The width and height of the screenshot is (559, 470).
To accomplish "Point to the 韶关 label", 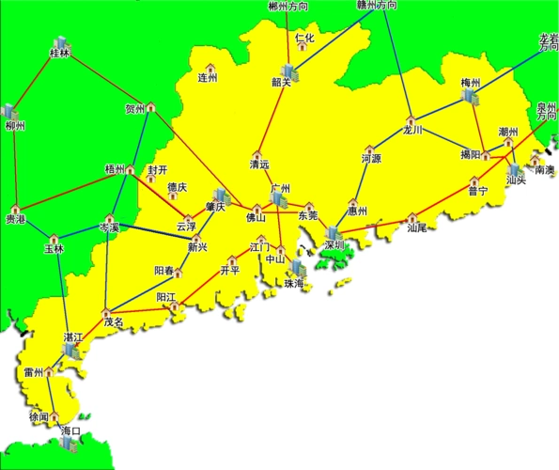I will pos(281,82).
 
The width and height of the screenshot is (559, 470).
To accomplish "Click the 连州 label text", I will pos(208,79).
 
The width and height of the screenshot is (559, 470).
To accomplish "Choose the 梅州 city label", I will pos(471,83).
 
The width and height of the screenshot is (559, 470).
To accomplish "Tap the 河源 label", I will pos(371,160).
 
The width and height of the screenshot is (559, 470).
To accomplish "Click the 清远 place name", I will pos(259,164).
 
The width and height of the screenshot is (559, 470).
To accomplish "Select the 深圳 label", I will pos(335,247).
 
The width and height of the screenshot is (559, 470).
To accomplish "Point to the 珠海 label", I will pos(295,283).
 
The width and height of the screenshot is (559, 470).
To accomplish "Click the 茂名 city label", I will pos(114,321).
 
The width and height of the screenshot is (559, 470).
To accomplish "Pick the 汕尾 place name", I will pos(417,227).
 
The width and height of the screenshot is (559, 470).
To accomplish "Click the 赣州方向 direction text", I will pos(377,6).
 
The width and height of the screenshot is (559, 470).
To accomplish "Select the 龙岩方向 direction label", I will pos(548,42).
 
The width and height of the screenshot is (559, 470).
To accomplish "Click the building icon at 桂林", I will pos(62,43).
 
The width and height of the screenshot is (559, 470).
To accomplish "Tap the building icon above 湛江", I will pos(71,351).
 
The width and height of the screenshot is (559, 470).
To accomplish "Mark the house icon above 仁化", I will pos(303,28).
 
